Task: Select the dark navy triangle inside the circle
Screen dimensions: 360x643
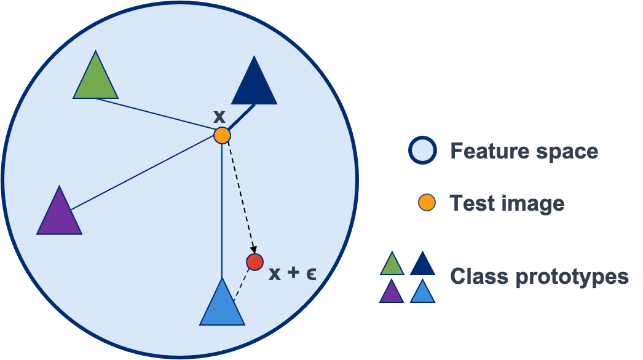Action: pos(254,85)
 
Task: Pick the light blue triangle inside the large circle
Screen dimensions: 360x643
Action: pos(222,306)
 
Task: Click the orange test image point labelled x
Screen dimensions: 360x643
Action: pos(222,135)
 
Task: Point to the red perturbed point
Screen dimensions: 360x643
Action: pos(255,262)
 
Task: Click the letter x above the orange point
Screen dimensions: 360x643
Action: pos(219,115)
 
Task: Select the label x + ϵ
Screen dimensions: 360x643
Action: pos(292,273)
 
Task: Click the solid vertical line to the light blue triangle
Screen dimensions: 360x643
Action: pos(221,209)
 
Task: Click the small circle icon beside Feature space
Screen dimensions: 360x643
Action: pos(422,151)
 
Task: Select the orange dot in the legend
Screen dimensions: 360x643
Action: pos(427,203)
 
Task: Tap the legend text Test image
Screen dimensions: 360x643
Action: pos(507,203)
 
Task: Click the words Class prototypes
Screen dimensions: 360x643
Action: pos(539,276)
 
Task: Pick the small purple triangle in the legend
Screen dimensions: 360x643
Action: pos(392,292)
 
